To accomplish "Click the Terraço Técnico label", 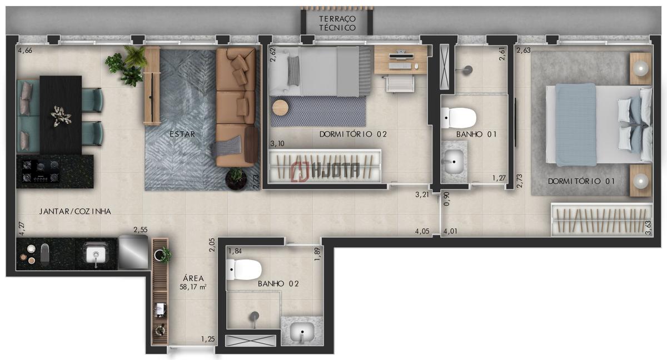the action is (x=337, y=23).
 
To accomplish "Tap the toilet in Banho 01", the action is (x=459, y=118).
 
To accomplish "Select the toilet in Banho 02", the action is (x=243, y=269).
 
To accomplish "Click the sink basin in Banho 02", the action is (x=302, y=332).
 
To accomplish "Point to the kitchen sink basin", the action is (x=96, y=254).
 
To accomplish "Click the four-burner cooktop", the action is (x=40, y=171).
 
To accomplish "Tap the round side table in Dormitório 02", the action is (x=280, y=107).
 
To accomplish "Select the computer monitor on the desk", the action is (x=401, y=56).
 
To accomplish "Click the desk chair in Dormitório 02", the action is (x=400, y=83).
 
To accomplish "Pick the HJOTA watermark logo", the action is (x=326, y=171).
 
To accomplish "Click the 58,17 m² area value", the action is (x=193, y=287).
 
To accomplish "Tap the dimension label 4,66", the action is (x=25, y=51).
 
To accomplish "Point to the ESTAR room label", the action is (x=182, y=134).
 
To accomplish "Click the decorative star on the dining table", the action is (x=61, y=116).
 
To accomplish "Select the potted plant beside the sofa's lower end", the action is (x=236, y=178).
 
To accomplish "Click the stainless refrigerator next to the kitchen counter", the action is (x=133, y=252).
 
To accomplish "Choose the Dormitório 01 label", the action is (x=581, y=181).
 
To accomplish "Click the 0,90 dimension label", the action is (x=446, y=199).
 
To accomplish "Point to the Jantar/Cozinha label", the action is (x=75, y=212).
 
